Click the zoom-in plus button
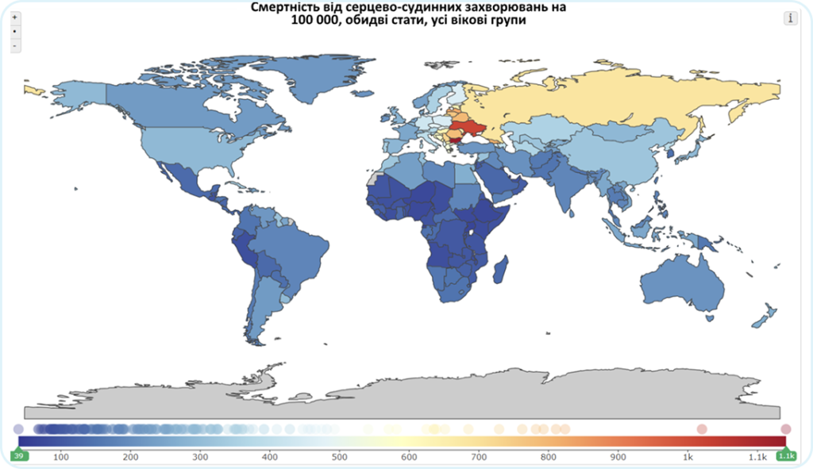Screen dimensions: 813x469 (x=14, y=17)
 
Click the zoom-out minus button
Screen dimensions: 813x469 (x=14, y=46)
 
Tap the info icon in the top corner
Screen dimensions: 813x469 (x=790, y=18)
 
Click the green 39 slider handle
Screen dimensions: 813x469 (x=19, y=456)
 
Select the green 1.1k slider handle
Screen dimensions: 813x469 (x=786, y=456)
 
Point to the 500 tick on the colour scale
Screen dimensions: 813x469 (x=339, y=457)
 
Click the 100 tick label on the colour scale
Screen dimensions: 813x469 (x=60, y=457)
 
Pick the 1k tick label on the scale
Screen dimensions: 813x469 (x=688, y=457)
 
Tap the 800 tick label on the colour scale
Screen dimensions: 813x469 (x=548, y=457)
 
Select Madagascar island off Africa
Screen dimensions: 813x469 (x=500, y=269)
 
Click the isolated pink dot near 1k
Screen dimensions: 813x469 (x=702, y=429)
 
